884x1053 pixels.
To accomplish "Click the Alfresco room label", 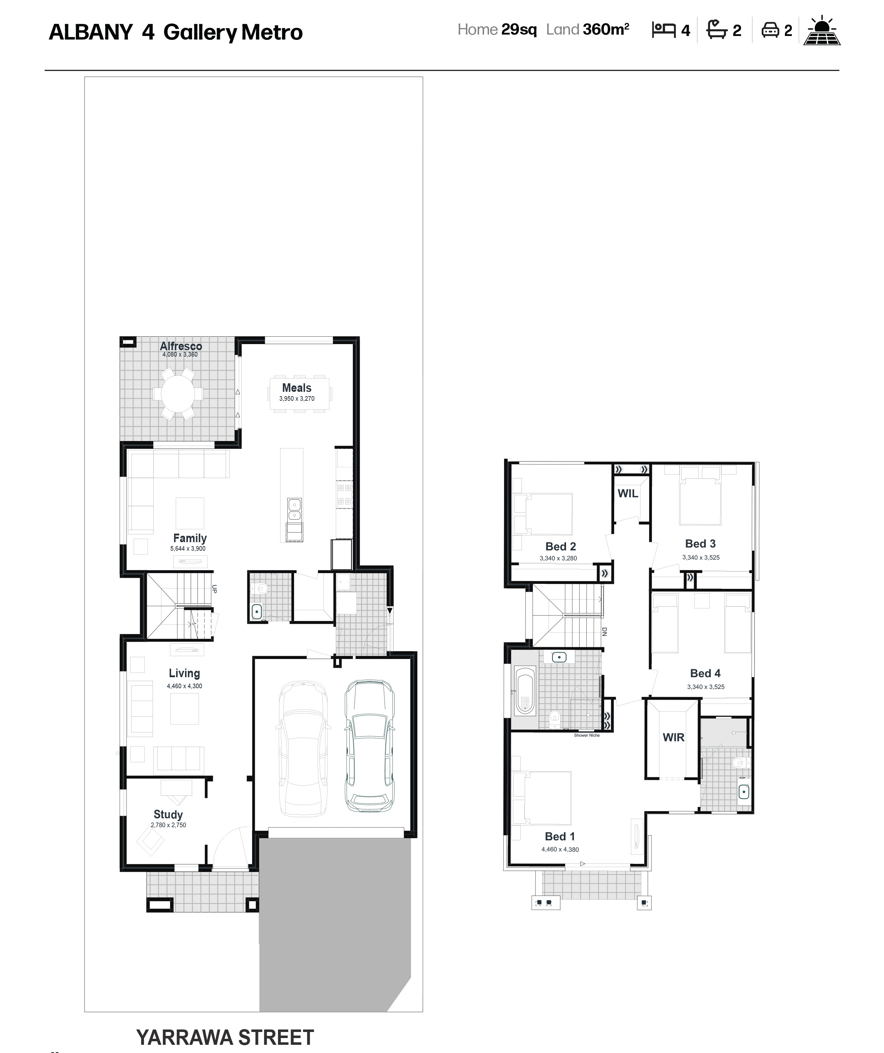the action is coord(181,346).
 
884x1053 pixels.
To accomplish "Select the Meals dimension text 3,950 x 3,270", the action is coord(297,399).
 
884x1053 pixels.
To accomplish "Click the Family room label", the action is coord(190,538).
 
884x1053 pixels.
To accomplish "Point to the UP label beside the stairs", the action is coord(214,589).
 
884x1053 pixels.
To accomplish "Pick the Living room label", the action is coord(184,673).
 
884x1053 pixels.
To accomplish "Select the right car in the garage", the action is coord(370,746).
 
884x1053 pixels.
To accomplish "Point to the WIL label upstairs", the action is coord(628,493).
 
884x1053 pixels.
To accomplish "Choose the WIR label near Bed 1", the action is coord(673,737).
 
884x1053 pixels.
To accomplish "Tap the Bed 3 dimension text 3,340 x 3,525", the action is coord(701,557).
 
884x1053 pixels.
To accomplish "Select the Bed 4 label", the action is coord(705,673).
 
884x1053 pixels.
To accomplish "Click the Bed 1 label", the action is coord(560,836).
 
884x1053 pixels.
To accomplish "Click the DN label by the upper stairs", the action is coord(604,632).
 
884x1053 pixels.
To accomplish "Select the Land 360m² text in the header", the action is coord(587,30).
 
